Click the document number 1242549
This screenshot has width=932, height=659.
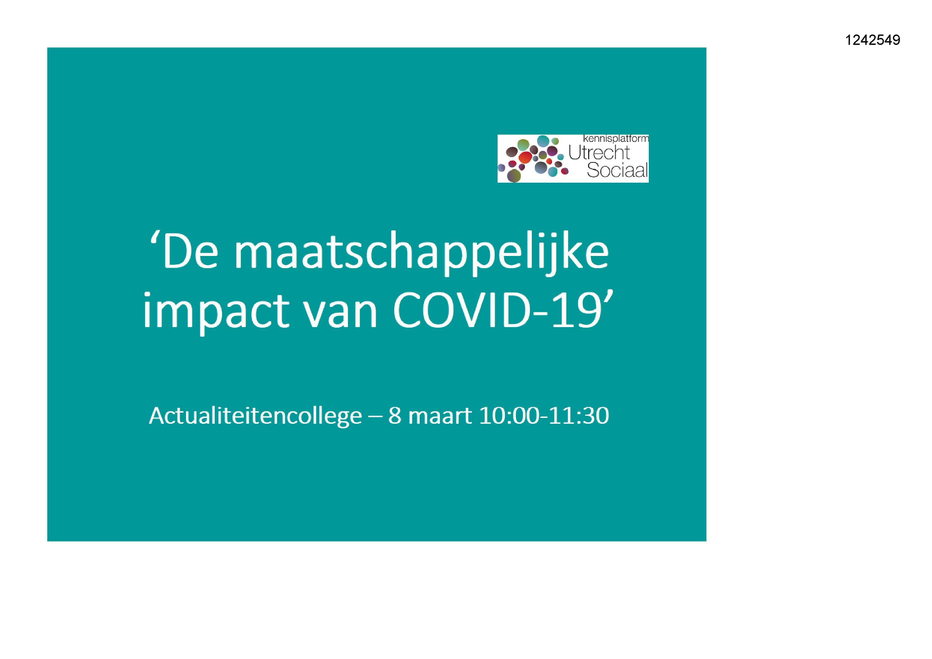[872, 40]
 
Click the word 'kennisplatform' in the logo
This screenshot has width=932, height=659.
[615, 139]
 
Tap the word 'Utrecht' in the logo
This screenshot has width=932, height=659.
[599, 152]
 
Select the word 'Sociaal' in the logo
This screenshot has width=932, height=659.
[617, 170]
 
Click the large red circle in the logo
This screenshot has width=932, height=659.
[525, 157]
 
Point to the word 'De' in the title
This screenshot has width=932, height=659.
[190, 252]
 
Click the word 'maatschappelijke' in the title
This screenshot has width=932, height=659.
[421, 254]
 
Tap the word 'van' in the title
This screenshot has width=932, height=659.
[341, 313]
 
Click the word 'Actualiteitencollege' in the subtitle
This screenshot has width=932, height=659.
[256, 415]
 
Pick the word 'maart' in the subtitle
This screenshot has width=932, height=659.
[440, 416]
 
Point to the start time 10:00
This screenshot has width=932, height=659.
[509, 415]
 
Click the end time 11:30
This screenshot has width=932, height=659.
[578, 415]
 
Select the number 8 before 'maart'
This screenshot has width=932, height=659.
[395, 416]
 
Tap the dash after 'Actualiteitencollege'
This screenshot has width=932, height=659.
[375, 417]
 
